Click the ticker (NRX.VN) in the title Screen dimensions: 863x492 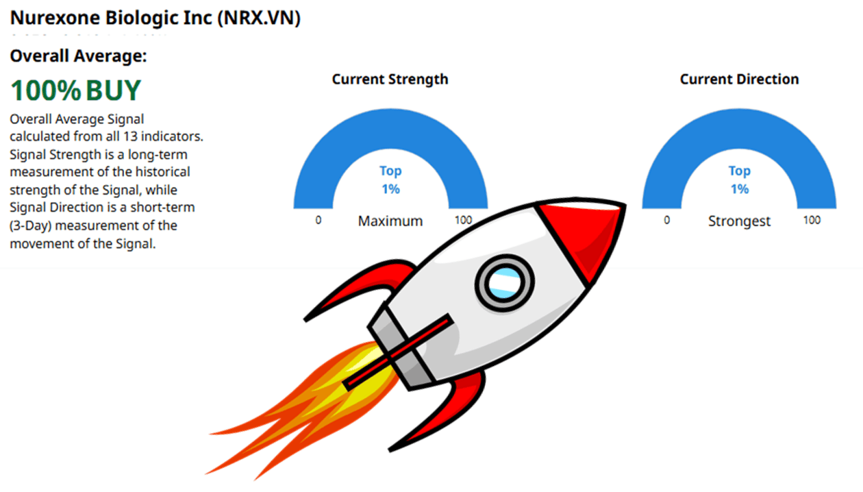pos(259,18)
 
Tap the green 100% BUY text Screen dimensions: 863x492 pos(76,90)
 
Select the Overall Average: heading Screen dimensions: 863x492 pos(78,56)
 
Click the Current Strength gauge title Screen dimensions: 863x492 pos(390,79)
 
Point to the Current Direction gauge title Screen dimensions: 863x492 pos(739,79)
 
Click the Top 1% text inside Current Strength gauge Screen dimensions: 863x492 pos(390,180)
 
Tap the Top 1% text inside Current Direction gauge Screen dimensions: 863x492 pos(739,180)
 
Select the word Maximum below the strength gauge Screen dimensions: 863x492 pos(390,221)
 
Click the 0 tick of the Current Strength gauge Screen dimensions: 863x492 pos(318,220)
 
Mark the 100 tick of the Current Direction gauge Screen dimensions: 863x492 pos(812,220)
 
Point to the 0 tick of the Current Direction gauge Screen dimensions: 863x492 pos(667,220)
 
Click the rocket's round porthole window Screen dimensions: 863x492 pos(504,282)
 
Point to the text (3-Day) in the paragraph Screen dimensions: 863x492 pos(30,225)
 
